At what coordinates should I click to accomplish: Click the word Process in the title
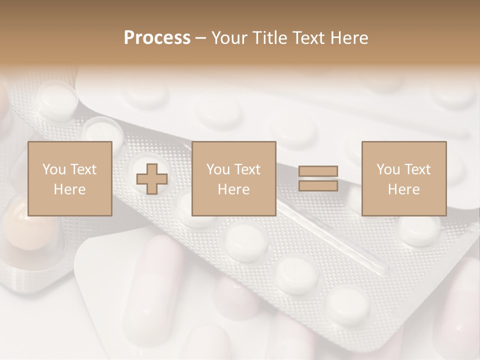point(157,38)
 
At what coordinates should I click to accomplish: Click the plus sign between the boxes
point(152,178)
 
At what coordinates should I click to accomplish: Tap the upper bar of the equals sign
point(318,171)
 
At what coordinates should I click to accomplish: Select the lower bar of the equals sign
point(318,185)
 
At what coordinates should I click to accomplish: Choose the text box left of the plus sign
point(69,178)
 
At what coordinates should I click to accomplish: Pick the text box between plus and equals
point(233,178)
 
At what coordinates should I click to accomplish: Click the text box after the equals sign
point(403,178)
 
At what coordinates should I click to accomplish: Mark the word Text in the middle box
point(247,169)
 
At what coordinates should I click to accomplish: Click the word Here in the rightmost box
point(403,189)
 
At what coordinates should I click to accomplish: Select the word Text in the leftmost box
point(83,169)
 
